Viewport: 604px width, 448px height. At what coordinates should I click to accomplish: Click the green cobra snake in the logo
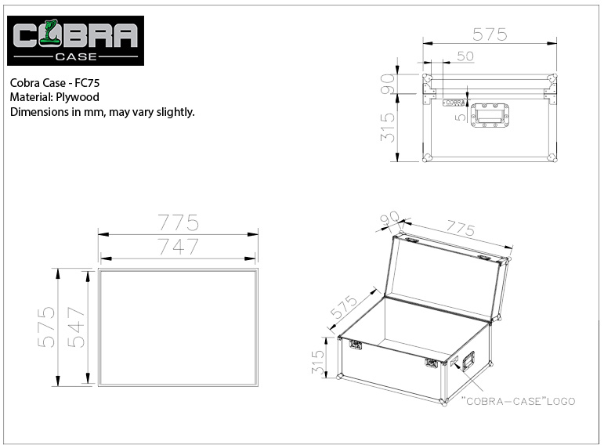(x=50, y=33)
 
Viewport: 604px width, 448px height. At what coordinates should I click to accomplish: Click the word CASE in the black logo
(x=76, y=56)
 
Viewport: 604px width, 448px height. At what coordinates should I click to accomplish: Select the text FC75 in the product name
(x=87, y=83)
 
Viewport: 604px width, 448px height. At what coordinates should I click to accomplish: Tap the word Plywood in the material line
(x=78, y=97)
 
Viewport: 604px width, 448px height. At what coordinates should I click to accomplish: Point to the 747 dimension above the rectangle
(x=179, y=247)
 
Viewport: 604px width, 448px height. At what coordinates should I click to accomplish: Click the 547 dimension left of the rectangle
(x=76, y=327)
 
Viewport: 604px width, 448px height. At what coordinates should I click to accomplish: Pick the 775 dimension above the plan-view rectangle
(x=179, y=222)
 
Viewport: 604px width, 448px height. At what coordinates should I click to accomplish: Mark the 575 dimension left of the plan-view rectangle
(x=46, y=327)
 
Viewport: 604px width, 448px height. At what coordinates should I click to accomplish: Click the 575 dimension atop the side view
(x=490, y=34)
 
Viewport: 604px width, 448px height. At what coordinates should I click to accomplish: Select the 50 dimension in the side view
(x=465, y=56)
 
